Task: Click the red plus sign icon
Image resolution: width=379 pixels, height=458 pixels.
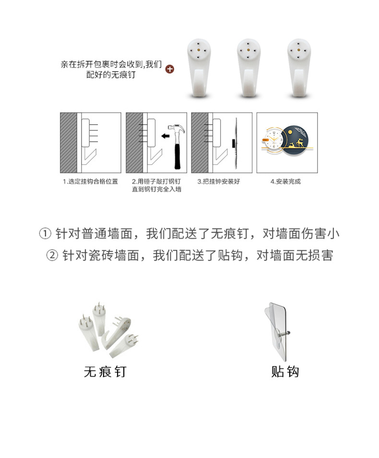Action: point(169,69)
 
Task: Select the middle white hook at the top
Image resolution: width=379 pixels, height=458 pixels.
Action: point(249,67)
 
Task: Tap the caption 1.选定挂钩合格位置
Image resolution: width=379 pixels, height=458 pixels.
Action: point(91,182)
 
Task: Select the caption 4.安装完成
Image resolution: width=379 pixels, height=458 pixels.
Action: point(286,182)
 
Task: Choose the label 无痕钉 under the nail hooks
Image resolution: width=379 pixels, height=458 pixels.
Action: point(105,372)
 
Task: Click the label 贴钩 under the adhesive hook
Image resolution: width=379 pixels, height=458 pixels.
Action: point(285,372)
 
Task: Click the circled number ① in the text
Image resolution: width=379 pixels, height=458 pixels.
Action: point(44,234)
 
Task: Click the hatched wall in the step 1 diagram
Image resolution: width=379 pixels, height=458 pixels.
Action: point(68,143)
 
